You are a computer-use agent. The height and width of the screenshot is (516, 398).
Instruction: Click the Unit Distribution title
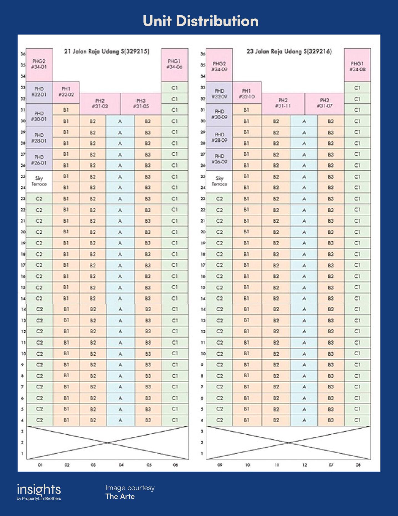[200, 21]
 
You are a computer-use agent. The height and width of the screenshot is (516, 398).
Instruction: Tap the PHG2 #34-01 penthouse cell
[39, 64]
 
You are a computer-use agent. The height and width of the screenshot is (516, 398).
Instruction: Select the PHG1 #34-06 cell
[174, 64]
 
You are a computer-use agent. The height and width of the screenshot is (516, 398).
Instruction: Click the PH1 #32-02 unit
[66, 92]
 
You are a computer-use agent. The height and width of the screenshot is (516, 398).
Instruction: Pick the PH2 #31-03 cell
[100, 103]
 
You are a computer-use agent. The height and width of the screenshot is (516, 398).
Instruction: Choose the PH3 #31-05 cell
[141, 103]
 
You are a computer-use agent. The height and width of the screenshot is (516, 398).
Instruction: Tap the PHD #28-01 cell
[39, 138]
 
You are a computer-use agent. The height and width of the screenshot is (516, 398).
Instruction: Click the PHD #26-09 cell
[219, 159]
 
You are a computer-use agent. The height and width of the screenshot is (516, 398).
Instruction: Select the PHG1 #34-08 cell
[357, 67]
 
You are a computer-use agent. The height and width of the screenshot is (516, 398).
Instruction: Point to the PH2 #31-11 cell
[283, 103]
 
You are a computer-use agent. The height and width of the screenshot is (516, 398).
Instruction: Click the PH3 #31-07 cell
[324, 103]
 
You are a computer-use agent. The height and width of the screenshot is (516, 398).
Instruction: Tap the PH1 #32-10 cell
[247, 94]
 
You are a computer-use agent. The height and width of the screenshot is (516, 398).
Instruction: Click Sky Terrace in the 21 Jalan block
[39, 181]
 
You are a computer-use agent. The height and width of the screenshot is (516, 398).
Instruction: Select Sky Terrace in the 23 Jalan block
[219, 181]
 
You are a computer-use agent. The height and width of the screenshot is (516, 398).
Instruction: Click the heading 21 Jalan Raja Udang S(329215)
[107, 51]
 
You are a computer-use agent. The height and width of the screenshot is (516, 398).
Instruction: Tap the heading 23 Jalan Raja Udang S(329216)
[289, 51]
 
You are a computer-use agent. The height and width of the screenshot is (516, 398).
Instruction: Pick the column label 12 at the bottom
[305, 465]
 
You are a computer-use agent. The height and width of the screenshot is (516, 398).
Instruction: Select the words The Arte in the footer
[120, 496]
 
